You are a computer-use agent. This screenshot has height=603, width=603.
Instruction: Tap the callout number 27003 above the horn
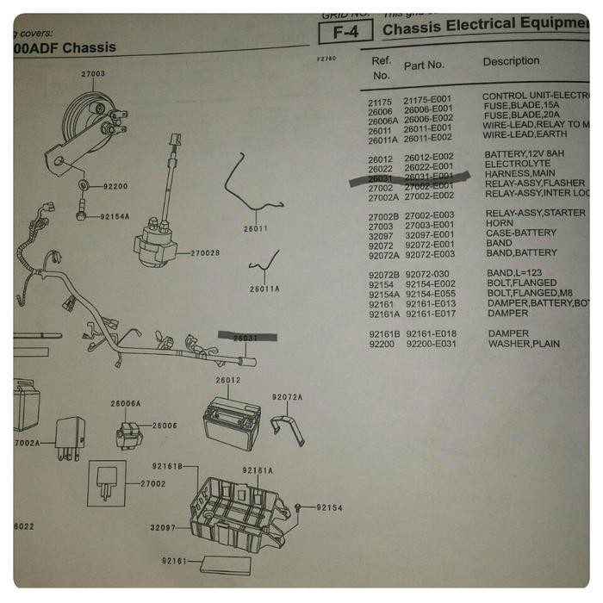[x=93, y=74]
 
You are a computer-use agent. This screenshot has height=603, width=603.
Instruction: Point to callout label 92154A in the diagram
[x=115, y=217]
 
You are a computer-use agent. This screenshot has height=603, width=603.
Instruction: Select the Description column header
[x=511, y=62]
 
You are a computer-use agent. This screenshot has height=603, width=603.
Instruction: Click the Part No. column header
[x=424, y=65]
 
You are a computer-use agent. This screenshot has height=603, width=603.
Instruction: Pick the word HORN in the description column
[x=499, y=223]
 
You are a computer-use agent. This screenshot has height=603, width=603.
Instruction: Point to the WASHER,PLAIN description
[x=524, y=344]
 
